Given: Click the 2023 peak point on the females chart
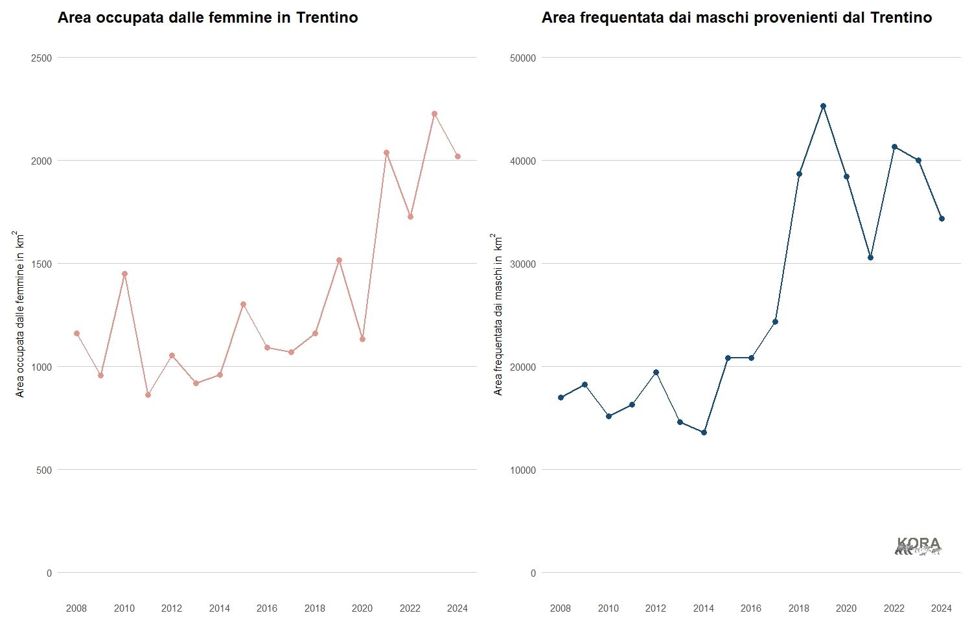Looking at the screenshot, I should pyautogui.click(x=434, y=114).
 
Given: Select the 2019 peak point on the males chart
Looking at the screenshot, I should pyautogui.click(x=823, y=106).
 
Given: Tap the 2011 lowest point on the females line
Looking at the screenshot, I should pyautogui.click(x=148, y=395).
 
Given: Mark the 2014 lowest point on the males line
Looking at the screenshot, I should pyautogui.click(x=704, y=432).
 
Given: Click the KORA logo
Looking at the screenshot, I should pyautogui.click(x=918, y=546).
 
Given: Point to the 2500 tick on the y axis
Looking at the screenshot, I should pyautogui.click(x=41, y=58).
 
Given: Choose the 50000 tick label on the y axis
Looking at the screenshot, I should pyautogui.click(x=523, y=58).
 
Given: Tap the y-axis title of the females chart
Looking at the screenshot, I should pyautogui.click(x=20, y=314).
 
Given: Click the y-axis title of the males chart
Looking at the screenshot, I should pyautogui.click(x=498, y=314).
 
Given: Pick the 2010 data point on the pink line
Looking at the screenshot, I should pyautogui.click(x=124, y=273).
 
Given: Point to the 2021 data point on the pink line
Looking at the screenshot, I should pyautogui.click(x=386, y=153).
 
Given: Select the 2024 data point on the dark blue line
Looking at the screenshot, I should pyautogui.click(x=942, y=218).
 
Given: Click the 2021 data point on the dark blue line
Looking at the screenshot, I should pyautogui.click(x=870, y=257).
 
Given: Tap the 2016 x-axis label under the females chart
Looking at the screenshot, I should pyautogui.click(x=267, y=608).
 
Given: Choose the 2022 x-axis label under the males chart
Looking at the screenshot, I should pyautogui.click(x=894, y=608).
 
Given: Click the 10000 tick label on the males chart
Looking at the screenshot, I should pyautogui.click(x=523, y=470).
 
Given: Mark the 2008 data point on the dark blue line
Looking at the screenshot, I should pyautogui.click(x=561, y=397).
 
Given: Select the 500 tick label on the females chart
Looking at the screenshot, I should pyautogui.click(x=44, y=470).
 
